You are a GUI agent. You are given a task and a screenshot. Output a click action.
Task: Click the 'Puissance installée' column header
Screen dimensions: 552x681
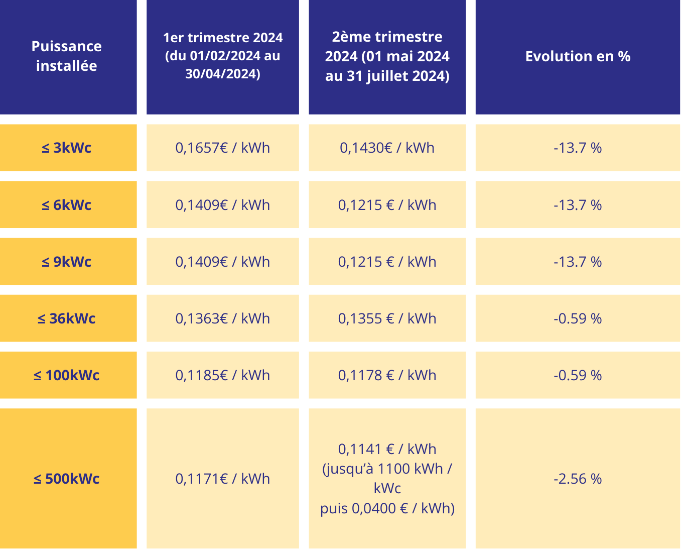point(67,56)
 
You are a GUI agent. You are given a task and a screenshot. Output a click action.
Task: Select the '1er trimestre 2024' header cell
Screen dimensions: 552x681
point(223,56)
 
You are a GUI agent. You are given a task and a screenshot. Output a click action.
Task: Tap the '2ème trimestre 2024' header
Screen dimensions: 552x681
point(387,56)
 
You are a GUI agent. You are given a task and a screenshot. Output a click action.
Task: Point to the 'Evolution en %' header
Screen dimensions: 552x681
point(578,56)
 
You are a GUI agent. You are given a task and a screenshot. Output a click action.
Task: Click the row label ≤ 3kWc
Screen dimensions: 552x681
point(67,148)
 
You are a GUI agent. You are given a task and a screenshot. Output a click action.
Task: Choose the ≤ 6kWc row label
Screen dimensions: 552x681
point(67,205)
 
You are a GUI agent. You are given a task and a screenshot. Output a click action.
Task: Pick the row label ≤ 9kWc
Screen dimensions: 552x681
point(67,262)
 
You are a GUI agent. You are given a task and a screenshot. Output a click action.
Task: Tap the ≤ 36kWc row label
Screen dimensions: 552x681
point(67,318)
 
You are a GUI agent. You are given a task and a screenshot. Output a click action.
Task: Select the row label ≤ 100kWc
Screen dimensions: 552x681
point(67,375)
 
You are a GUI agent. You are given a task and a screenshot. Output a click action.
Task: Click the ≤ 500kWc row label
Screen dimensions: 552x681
point(67,479)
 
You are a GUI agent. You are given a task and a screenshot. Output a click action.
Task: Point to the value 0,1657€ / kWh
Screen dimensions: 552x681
point(223,148)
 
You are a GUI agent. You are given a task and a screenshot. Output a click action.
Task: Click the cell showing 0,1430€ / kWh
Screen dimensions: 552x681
point(387,148)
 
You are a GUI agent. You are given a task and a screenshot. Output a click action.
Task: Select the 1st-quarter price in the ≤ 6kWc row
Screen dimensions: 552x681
point(223,205)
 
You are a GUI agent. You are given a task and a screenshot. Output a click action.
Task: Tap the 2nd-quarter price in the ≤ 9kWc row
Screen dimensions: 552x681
point(387,262)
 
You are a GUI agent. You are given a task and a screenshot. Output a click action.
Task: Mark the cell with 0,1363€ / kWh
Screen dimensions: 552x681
point(223,318)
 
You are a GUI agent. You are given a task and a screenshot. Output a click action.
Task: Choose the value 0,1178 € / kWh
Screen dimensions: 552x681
point(387,375)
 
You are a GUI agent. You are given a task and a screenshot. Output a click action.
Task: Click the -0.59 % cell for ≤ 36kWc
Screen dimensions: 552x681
point(578,318)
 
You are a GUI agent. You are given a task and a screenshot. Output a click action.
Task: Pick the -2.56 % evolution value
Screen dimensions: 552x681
point(578,479)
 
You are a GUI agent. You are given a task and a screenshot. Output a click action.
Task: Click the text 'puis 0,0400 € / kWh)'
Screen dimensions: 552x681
point(387,508)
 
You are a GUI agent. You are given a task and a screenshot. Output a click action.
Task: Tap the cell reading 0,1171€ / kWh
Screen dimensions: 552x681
point(223,479)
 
